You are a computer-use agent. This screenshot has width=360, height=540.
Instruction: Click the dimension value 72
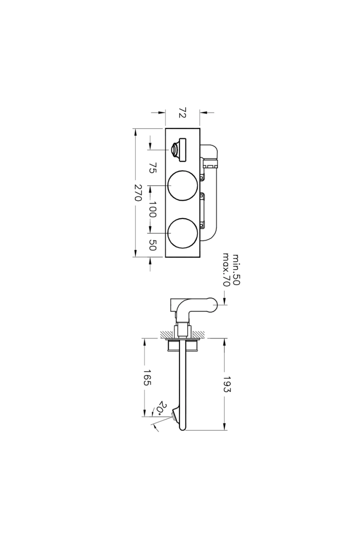pos(183,113)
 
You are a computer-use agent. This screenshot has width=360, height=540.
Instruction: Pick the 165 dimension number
pos(147,377)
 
